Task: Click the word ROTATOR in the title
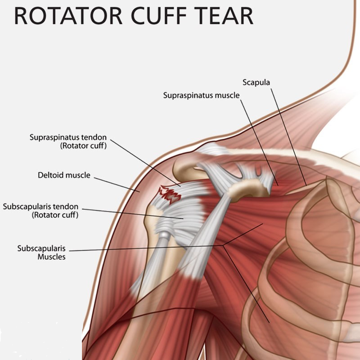(68, 16)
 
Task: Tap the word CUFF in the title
(159, 16)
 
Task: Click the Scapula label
(256, 82)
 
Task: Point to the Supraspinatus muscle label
(201, 95)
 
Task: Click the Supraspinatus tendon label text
(68, 141)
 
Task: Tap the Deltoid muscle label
(64, 175)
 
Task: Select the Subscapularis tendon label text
(40, 211)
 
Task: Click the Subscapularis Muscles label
(41, 252)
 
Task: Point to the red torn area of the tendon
(170, 195)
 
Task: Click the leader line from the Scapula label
(288, 137)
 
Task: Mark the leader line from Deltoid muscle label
(117, 184)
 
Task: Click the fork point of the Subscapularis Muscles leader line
(223, 246)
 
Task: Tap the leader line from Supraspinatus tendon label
(145, 163)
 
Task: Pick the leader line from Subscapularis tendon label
(133, 214)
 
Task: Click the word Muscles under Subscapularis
(52, 256)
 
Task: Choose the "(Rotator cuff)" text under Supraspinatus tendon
(84, 146)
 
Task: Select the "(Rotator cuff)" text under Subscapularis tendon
(55, 215)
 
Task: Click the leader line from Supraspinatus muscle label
(259, 143)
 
